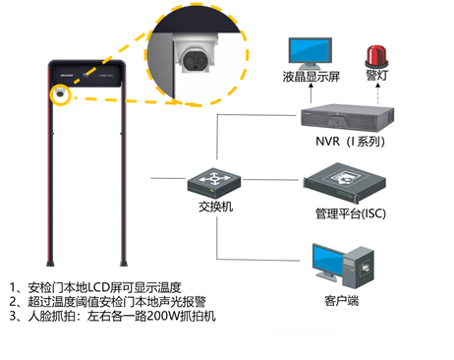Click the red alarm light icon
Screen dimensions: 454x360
376,57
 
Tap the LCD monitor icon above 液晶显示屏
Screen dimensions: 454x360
311,53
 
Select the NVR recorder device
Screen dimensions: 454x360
347,117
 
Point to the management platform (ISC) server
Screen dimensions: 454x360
344,182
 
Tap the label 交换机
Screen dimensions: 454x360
215,207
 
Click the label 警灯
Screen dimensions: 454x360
377,76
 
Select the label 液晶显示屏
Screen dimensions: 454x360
312,77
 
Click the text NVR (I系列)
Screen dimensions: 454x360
350,142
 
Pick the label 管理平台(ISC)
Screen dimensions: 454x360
351,213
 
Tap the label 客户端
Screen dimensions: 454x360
341,301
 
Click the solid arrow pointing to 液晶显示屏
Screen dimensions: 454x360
311,93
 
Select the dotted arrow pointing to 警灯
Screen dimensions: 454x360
377,93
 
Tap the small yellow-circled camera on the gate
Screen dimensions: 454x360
60,92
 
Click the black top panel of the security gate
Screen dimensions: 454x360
87,75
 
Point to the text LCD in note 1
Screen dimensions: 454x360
98,287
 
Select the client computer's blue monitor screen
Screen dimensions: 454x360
328,261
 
